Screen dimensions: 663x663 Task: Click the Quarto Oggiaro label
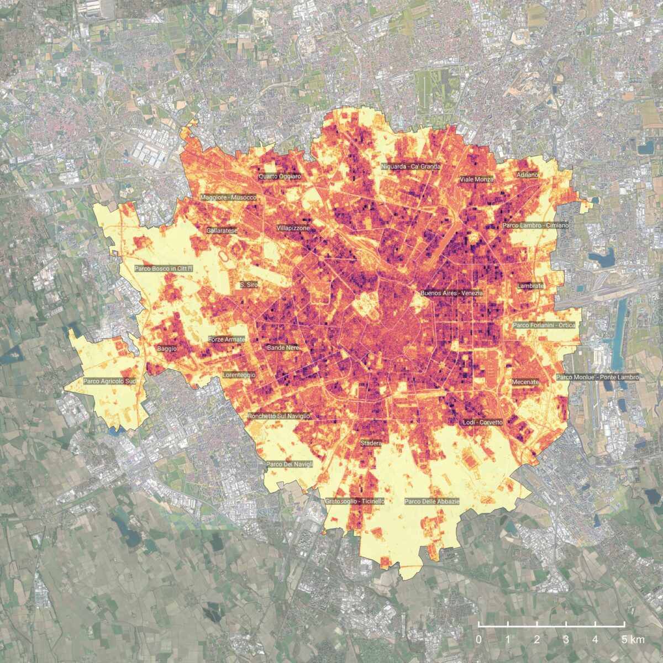(x=280, y=176)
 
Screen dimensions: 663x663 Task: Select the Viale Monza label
(x=476, y=180)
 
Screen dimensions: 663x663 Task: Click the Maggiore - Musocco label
(x=229, y=197)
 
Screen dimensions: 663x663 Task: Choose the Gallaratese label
(x=222, y=230)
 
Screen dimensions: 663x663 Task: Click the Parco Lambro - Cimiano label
(x=535, y=225)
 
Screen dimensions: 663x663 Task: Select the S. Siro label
(x=249, y=285)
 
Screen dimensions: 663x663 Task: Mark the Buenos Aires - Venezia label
(x=451, y=293)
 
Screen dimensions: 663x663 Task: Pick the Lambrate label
(x=530, y=286)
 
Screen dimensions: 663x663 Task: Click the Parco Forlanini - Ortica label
(x=544, y=325)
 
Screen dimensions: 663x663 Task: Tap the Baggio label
(x=167, y=349)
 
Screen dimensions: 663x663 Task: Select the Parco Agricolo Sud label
(x=109, y=381)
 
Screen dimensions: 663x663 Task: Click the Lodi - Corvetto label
(x=482, y=423)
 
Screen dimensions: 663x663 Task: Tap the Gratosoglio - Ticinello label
(x=355, y=501)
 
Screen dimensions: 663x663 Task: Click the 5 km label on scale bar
(x=632, y=640)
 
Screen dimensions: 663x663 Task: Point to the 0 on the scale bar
(x=478, y=640)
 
